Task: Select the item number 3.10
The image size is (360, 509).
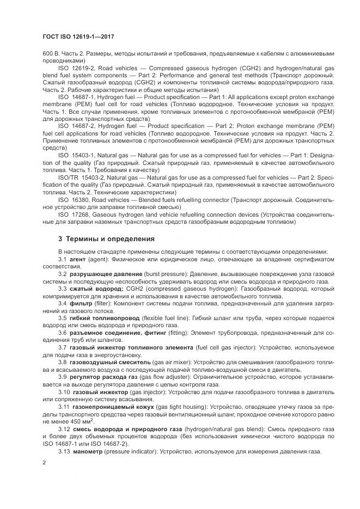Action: tap(64, 391)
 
